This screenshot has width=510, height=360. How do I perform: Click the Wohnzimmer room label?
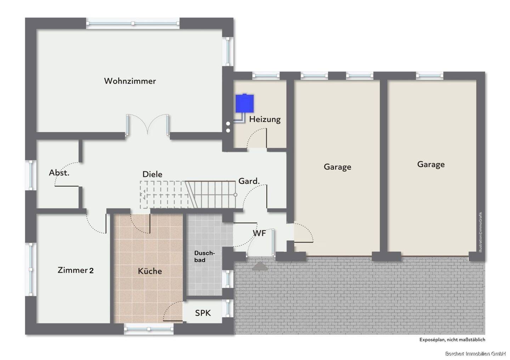(x=130, y=81)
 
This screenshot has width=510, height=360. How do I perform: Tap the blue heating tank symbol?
(x=245, y=103)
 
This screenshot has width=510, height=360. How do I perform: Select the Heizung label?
(x=265, y=119)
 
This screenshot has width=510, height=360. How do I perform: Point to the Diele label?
(x=152, y=174)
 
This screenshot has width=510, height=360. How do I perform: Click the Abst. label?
(x=59, y=173)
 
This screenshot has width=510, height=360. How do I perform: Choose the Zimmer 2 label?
(x=75, y=270)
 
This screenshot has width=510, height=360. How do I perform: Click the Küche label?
(x=150, y=271)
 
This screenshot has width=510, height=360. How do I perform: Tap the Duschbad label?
(x=204, y=256)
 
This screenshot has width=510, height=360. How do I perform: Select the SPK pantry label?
(x=203, y=313)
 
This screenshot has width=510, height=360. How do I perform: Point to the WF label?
(x=259, y=233)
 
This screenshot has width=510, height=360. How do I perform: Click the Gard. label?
(x=249, y=181)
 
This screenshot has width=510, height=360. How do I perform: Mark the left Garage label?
(x=337, y=167)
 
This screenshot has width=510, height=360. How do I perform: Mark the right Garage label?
(x=431, y=164)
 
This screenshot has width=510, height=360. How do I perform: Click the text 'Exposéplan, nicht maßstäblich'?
(x=452, y=339)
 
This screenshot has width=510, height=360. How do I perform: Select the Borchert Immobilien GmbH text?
(x=475, y=354)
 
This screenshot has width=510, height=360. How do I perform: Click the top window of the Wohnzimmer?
(x=133, y=23)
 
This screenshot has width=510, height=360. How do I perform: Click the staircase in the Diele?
(x=188, y=194)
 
